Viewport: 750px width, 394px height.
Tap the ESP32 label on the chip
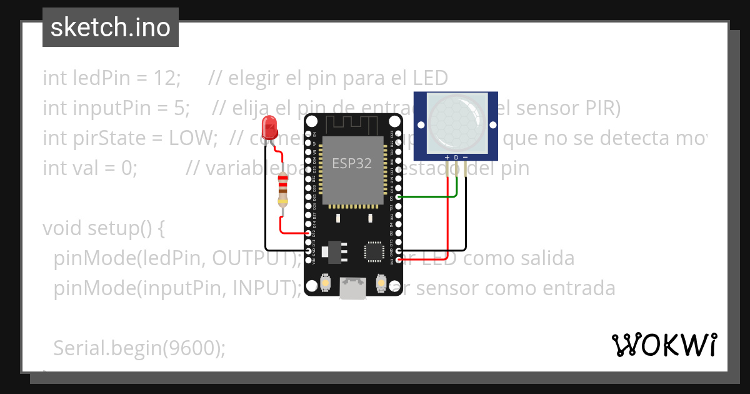351,164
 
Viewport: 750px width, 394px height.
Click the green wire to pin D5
431,196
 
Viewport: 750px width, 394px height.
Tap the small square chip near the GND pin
374,251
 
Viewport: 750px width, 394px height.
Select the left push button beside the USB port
325,283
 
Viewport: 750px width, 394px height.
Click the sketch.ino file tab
111,28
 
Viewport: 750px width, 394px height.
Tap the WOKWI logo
664,345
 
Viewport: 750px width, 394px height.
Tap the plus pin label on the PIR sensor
447,157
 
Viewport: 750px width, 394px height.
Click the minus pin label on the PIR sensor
465,157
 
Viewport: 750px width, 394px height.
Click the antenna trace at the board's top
351,125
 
